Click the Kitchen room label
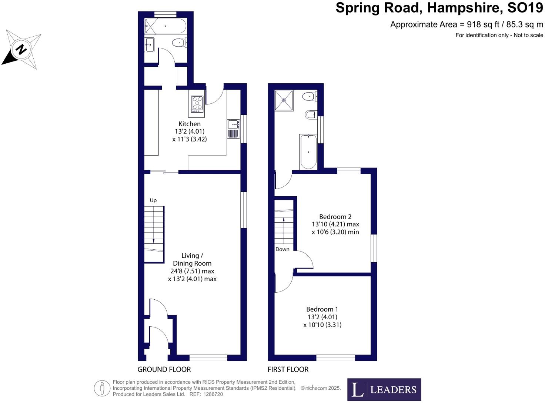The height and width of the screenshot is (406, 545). click(x=190, y=124)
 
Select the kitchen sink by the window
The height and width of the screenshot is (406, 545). click(x=233, y=129)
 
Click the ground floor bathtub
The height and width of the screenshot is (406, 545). click(x=165, y=26)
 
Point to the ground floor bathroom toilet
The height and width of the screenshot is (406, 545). click(x=179, y=43)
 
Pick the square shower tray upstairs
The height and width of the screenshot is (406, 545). click(x=284, y=100)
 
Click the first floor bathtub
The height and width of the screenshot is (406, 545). click(x=308, y=152)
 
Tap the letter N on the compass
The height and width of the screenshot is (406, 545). click(x=21, y=49)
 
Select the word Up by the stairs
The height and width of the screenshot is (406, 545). click(x=153, y=200)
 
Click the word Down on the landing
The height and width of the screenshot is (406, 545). click(x=282, y=249)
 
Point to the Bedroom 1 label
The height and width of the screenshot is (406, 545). click(x=322, y=309)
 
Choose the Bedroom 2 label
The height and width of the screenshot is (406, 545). click(x=335, y=217)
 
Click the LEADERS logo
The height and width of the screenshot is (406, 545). click(x=384, y=390)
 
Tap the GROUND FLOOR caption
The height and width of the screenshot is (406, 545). click(x=164, y=369)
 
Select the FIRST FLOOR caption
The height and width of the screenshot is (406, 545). click(x=288, y=369)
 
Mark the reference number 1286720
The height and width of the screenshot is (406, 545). click(x=213, y=394)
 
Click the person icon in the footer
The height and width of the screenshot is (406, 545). click(x=102, y=389)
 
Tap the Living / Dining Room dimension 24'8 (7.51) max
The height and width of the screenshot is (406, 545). click(x=192, y=271)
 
